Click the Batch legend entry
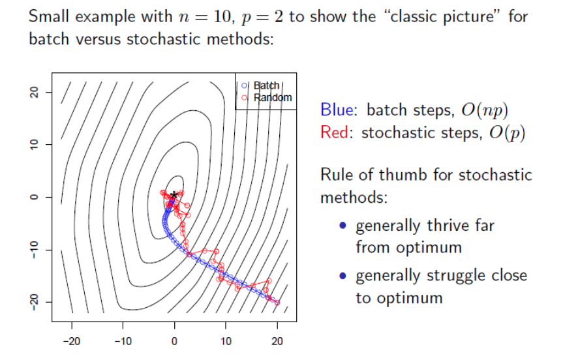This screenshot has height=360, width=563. point(266,85)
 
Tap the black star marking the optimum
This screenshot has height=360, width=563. point(174,194)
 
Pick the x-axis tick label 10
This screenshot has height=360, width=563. point(226,339)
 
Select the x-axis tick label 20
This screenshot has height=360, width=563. point(277,339)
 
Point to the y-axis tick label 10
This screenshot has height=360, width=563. point(35,144)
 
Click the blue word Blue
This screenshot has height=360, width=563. point(336,110)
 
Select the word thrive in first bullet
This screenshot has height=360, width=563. point(450,226)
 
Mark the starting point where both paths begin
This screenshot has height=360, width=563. point(277,303)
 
